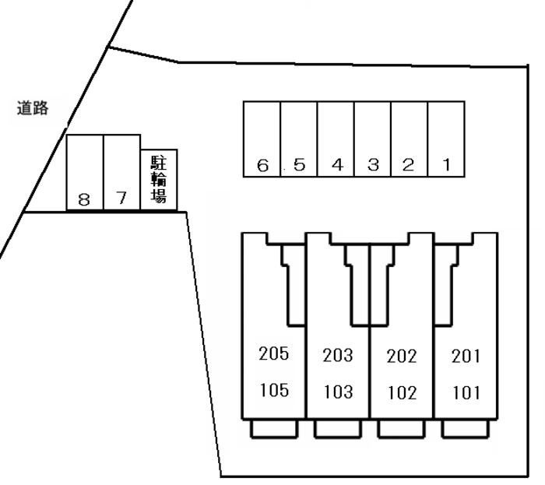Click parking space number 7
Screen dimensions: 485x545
(x=121, y=172)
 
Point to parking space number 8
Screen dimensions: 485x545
(x=84, y=172)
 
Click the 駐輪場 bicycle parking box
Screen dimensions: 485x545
(x=159, y=179)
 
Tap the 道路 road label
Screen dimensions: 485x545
(x=33, y=109)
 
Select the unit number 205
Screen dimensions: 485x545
(x=273, y=354)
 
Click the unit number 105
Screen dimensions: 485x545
(x=273, y=390)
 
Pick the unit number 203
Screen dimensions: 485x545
(x=337, y=356)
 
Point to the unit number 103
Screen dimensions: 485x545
(x=337, y=392)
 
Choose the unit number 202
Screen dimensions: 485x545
(x=402, y=357)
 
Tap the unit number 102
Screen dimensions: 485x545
(x=402, y=392)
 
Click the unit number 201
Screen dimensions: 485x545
(x=466, y=357)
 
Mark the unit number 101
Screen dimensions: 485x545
(x=466, y=392)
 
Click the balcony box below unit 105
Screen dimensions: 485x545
(x=273, y=429)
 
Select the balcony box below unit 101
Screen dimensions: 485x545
(x=466, y=429)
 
